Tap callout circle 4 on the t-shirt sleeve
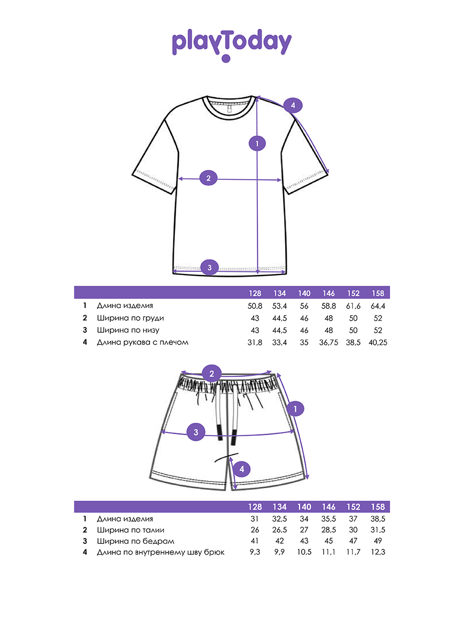point(293,106)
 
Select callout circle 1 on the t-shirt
point(257,143)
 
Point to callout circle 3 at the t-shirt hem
point(209,267)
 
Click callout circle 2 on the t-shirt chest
point(208,179)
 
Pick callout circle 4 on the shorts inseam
point(242,469)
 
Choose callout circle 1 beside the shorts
point(295,409)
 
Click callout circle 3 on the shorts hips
point(196,432)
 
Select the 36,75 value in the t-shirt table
point(329,342)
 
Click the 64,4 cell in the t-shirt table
point(378,306)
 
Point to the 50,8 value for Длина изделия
point(255,306)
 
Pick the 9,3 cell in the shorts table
point(255,552)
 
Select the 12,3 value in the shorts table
point(378,552)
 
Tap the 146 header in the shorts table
point(329,507)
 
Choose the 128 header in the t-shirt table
point(255,293)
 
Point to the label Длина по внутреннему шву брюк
point(161,552)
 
